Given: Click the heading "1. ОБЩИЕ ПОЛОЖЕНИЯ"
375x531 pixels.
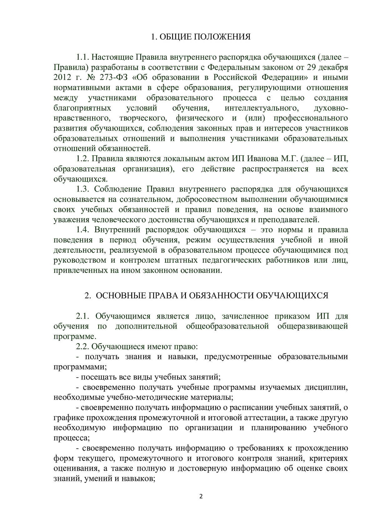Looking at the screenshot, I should pyautogui.click(x=201, y=37).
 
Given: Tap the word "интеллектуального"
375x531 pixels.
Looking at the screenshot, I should pyautogui.click(x=260, y=108).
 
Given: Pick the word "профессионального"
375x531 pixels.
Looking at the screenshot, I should pyautogui.click(x=311, y=118).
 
